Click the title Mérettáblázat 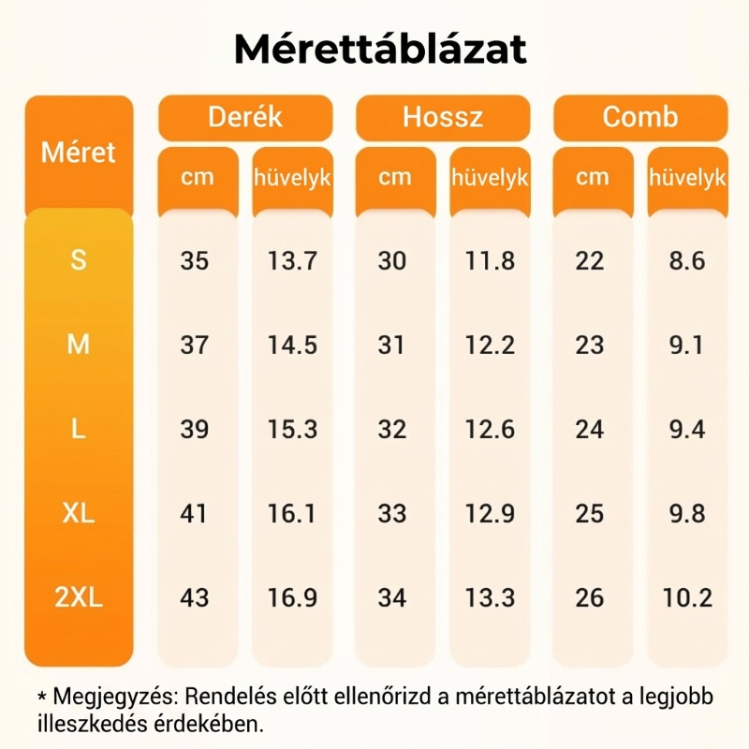380,50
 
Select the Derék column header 244,117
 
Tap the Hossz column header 443,117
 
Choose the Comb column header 640,117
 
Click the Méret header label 79,152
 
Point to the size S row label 79,260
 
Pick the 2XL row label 79,597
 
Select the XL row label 79,513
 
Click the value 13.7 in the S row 292,261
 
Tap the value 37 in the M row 195,345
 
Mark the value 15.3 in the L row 292,430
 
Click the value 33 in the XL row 392,514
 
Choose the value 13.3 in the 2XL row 491,598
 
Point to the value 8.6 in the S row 687,261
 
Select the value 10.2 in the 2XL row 687,598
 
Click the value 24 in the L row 590,430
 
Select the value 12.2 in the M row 491,345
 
